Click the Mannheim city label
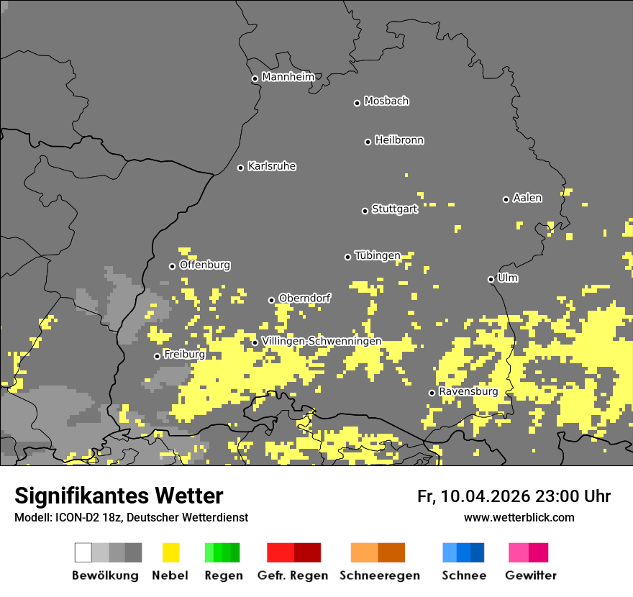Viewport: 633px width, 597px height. pos(288,77)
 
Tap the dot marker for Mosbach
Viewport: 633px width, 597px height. pos(357,103)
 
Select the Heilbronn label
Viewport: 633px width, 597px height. pos(399,140)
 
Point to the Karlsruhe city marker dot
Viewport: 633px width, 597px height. pos(241,168)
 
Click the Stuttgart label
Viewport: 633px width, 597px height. pos(394,209)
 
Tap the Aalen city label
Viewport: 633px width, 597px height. pos(527,198)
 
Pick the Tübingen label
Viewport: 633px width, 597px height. pos(377,255)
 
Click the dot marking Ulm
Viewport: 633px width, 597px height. pos(491,279)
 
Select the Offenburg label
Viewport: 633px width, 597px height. pos(204,265)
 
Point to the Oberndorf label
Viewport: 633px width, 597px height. pos(304,298)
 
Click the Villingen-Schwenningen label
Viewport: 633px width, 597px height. pos(322,341)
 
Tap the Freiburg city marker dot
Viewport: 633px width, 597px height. pos(157,356)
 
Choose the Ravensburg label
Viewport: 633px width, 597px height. pos(468,392)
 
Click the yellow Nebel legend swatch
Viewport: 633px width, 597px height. pos(170,552)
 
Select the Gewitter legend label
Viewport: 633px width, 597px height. pos(530,575)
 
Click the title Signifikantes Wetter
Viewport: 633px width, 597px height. pos(119,496)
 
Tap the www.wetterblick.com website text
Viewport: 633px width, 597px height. pos(519,517)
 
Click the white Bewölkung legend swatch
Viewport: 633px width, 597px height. pos(83,552)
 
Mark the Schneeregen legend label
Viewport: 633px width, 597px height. pos(379,575)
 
